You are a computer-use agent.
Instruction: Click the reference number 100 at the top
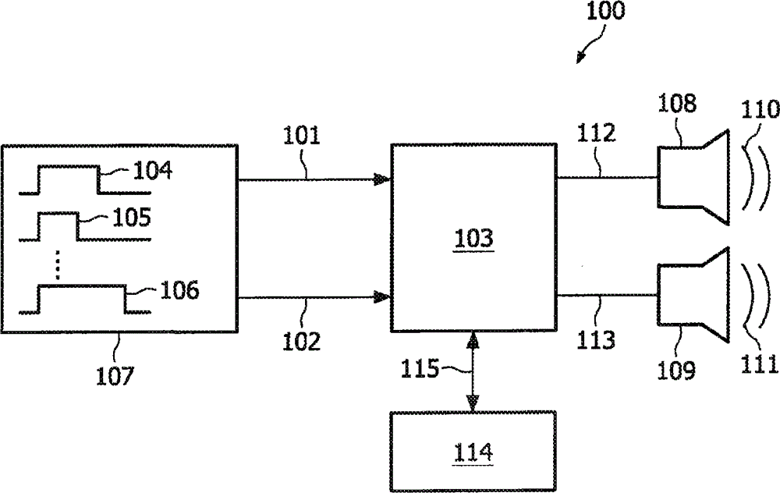pos(605,10)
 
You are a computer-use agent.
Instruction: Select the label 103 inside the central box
pos(473,238)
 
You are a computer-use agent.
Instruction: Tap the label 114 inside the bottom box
pos(473,452)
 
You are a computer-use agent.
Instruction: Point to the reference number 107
pos(115,375)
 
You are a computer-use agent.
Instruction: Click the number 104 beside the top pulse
pos(153,171)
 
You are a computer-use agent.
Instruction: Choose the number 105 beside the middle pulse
pos(132,218)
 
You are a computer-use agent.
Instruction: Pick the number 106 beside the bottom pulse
pos(179,290)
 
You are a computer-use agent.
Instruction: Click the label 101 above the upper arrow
pos(301,135)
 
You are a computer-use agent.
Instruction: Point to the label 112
pos(597,133)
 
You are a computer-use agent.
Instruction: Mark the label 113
pos(596,340)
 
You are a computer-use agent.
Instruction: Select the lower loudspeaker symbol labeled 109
pos(693,295)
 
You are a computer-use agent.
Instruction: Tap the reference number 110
pos(760,109)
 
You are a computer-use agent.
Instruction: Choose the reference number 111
pos(759,364)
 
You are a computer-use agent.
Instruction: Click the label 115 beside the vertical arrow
pos(420,369)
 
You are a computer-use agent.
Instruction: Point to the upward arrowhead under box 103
pos(473,340)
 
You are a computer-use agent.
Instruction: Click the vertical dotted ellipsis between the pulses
pos(57,265)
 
